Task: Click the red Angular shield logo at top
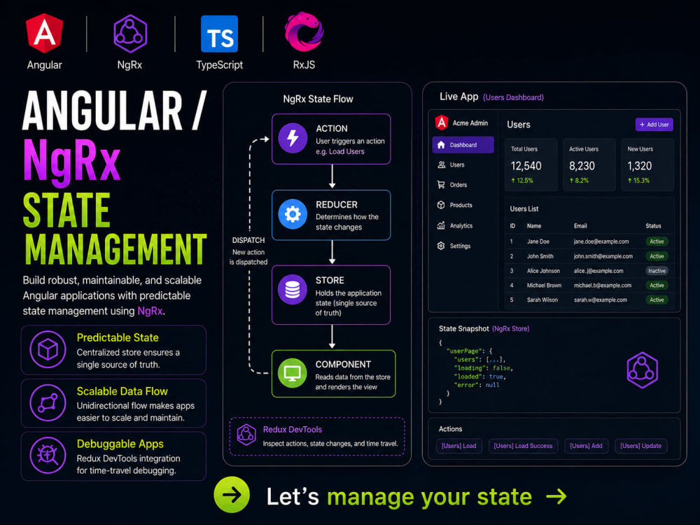(45, 33)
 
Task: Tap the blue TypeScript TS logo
(219, 34)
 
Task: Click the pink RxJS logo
(304, 31)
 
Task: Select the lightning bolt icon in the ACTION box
(293, 138)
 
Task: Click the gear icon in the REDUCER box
(293, 214)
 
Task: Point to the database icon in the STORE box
(293, 289)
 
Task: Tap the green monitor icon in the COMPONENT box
(293, 373)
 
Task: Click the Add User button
(654, 125)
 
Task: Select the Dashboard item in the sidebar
(463, 145)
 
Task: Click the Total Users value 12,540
(526, 166)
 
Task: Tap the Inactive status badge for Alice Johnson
(657, 270)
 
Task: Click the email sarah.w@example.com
(601, 300)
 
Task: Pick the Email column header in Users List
(580, 226)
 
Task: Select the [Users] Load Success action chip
(523, 445)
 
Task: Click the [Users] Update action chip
(640, 445)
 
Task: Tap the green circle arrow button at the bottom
(232, 495)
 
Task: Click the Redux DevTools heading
(293, 430)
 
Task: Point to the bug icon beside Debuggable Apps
(48, 456)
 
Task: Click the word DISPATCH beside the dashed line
(248, 240)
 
